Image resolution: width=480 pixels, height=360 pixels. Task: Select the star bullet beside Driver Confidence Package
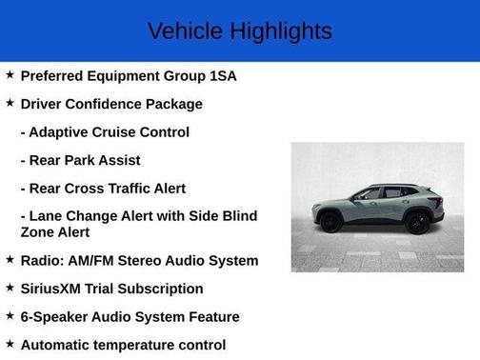coord(10,103)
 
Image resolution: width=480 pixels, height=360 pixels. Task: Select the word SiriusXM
coord(54,289)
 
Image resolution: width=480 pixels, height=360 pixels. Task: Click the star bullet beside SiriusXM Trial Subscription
coord(10,288)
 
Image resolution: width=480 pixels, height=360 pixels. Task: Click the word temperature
coord(148,345)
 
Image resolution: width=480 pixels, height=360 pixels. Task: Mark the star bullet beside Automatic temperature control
coord(10,344)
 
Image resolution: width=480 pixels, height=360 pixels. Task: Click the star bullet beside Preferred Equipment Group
coord(10,74)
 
